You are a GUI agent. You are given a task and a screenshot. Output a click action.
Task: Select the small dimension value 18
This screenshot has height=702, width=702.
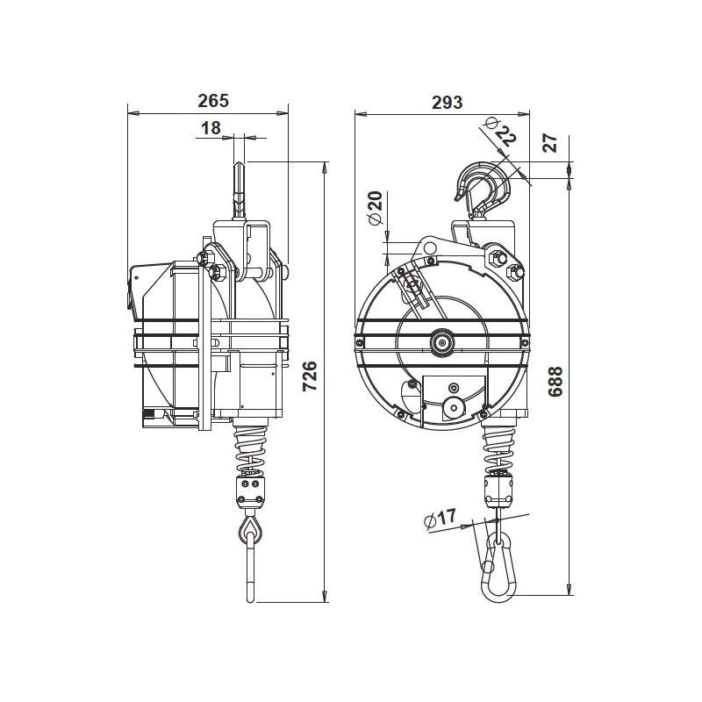[x=211, y=128]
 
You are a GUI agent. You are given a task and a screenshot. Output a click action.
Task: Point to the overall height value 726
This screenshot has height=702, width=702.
[x=308, y=378]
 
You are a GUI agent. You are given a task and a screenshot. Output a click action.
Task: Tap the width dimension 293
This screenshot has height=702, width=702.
[x=447, y=102]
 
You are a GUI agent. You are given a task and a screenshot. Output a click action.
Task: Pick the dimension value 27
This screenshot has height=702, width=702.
[x=550, y=141]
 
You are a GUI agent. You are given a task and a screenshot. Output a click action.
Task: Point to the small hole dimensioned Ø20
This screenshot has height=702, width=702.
[x=429, y=249]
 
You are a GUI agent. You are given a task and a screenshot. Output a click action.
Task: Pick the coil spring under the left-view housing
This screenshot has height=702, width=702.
[x=250, y=448]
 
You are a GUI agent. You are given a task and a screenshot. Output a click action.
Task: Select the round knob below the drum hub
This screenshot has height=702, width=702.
[x=454, y=406]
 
